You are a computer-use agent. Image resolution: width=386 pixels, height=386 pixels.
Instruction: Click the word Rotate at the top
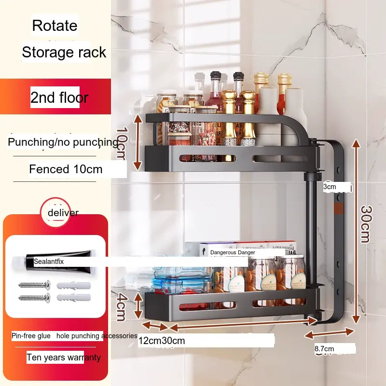click(55, 26)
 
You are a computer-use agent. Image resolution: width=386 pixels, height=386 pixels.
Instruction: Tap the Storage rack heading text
click(64, 52)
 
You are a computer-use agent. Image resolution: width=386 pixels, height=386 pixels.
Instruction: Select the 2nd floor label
click(59, 97)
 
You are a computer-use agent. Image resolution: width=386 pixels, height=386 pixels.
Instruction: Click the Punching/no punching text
click(63, 142)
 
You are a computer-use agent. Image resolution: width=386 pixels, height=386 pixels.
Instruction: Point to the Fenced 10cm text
click(66, 169)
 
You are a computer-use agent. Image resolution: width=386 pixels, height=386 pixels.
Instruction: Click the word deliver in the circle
click(63, 213)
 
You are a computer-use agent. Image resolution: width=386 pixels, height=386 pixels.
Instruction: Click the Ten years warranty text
click(64, 358)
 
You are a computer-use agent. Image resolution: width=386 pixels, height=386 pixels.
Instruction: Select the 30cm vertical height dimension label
click(365, 224)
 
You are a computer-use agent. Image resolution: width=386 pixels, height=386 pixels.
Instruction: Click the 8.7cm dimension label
click(324, 348)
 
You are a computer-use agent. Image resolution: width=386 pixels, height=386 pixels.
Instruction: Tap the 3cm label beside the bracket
click(330, 187)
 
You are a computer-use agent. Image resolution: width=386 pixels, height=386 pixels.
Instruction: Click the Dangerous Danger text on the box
click(233, 252)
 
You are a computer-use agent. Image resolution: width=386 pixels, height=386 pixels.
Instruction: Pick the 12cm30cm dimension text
click(162, 341)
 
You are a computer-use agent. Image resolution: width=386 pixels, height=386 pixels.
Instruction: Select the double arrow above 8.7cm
click(330, 334)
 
